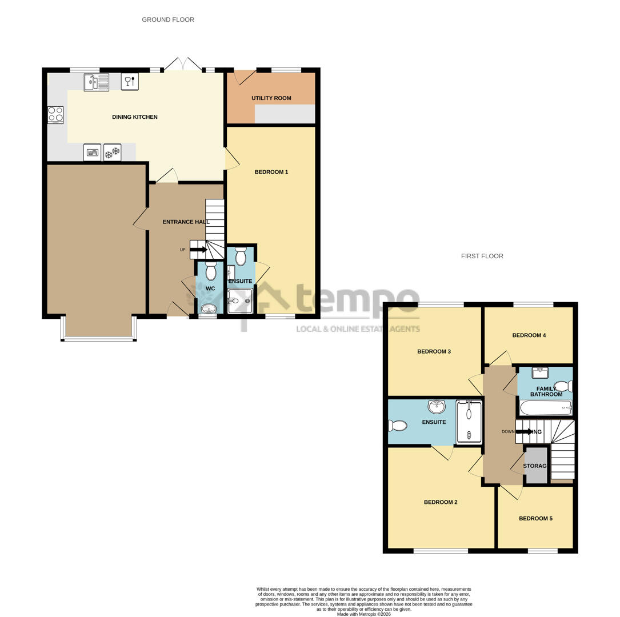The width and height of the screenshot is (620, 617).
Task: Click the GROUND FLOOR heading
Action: pyautogui.click(x=168, y=19)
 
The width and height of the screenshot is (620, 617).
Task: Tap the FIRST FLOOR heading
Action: pyautogui.click(x=482, y=256)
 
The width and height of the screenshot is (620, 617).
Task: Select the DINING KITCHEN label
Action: pyautogui.click(x=134, y=117)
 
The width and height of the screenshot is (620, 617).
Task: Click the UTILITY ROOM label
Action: pyautogui.click(x=271, y=98)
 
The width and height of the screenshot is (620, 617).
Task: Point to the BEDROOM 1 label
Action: pyautogui.click(x=271, y=172)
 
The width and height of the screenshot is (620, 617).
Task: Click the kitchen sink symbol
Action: pyautogui.click(x=96, y=82)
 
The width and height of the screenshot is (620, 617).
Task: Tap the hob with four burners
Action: pyautogui.click(x=55, y=115)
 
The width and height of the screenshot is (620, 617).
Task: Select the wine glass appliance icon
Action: pyautogui.click(x=130, y=82)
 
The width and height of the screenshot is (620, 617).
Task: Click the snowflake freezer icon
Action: pyautogui.click(x=112, y=152)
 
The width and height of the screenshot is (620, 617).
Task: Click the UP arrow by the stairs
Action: pyautogui.click(x=198, y=250)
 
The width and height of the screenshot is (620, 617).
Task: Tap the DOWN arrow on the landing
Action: pyautogui.click(x=523, y=431)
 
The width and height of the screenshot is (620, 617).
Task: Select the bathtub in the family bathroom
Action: pyautogui.click(x=546, y=407)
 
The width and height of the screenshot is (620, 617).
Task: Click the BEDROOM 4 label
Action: pyautogui.click(x=529, y=335)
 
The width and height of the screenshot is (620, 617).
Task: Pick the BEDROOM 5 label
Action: pyautogui.click(x=535, y=519)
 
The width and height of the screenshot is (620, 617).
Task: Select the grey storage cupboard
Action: pyautogui.click(x=535, y=466)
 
